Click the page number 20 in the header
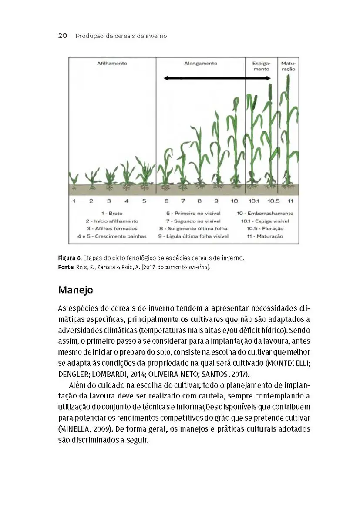[x=62, y=36]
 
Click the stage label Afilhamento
[x=112, y=64]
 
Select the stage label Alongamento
[x=200, y=64]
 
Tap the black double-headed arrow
[x=217, y=78]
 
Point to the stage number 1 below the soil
[x=74, y=201]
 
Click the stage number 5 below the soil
[x=144, y=201]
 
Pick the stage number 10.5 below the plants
[x=273, y=201]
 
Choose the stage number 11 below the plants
[x=290, y=201]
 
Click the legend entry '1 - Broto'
[x=112, y=213]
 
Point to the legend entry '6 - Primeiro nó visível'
[x=193, y=213]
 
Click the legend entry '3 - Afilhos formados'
[x=112, y=228]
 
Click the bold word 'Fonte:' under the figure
[x=67, y=267]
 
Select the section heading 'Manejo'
[x=75, y=290]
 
